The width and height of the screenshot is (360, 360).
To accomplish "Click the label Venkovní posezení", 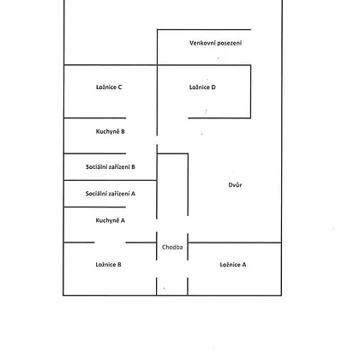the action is pyautogui.click(x=215, y=43).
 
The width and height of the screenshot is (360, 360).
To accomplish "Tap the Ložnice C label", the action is pyautogui.click(x=109, y=87).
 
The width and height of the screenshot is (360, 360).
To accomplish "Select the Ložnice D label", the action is pyautogui.click(x=202, y=87).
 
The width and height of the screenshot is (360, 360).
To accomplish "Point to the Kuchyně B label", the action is pyautogui.click(x=110, y=131).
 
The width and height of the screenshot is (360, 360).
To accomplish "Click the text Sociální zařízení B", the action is pyautogui.click(x=111, y=166).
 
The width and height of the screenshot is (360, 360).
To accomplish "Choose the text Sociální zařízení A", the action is pyautogui.click(x=111, y=194).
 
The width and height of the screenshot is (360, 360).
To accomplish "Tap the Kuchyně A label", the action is pyautogui.click(x=110, y=220).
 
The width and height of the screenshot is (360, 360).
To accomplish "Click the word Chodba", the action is pyautogui.click(x=172, y=247).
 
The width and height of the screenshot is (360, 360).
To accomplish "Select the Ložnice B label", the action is pyautogui.click(x=108, y=265).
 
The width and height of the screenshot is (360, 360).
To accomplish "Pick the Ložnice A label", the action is pyautogui.click(x=233, y=265).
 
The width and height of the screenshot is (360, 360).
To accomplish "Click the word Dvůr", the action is pyautogui.click(x=235, y=185).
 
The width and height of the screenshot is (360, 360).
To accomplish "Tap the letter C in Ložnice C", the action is pyautogui.click(x=120, y=87).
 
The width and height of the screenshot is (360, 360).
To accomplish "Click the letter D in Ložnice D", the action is pyautogui.click(x=213, y=87).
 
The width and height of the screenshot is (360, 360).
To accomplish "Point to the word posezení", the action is pyautogui.click(x=230, y=44).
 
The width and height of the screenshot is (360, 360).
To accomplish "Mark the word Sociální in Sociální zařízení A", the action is pyautogui.click(x=95, y=194).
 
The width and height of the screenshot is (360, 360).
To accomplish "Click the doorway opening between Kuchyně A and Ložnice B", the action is pyautogui.click(x=110, y=243).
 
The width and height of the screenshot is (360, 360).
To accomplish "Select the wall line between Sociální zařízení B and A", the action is pyautogui.click(x=110, y=180).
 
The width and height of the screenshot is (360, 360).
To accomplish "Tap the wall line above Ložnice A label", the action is pyautogui.click(x=235, y=243).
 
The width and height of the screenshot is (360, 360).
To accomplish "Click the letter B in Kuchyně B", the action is pyautogui.click(x=123, y=131).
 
